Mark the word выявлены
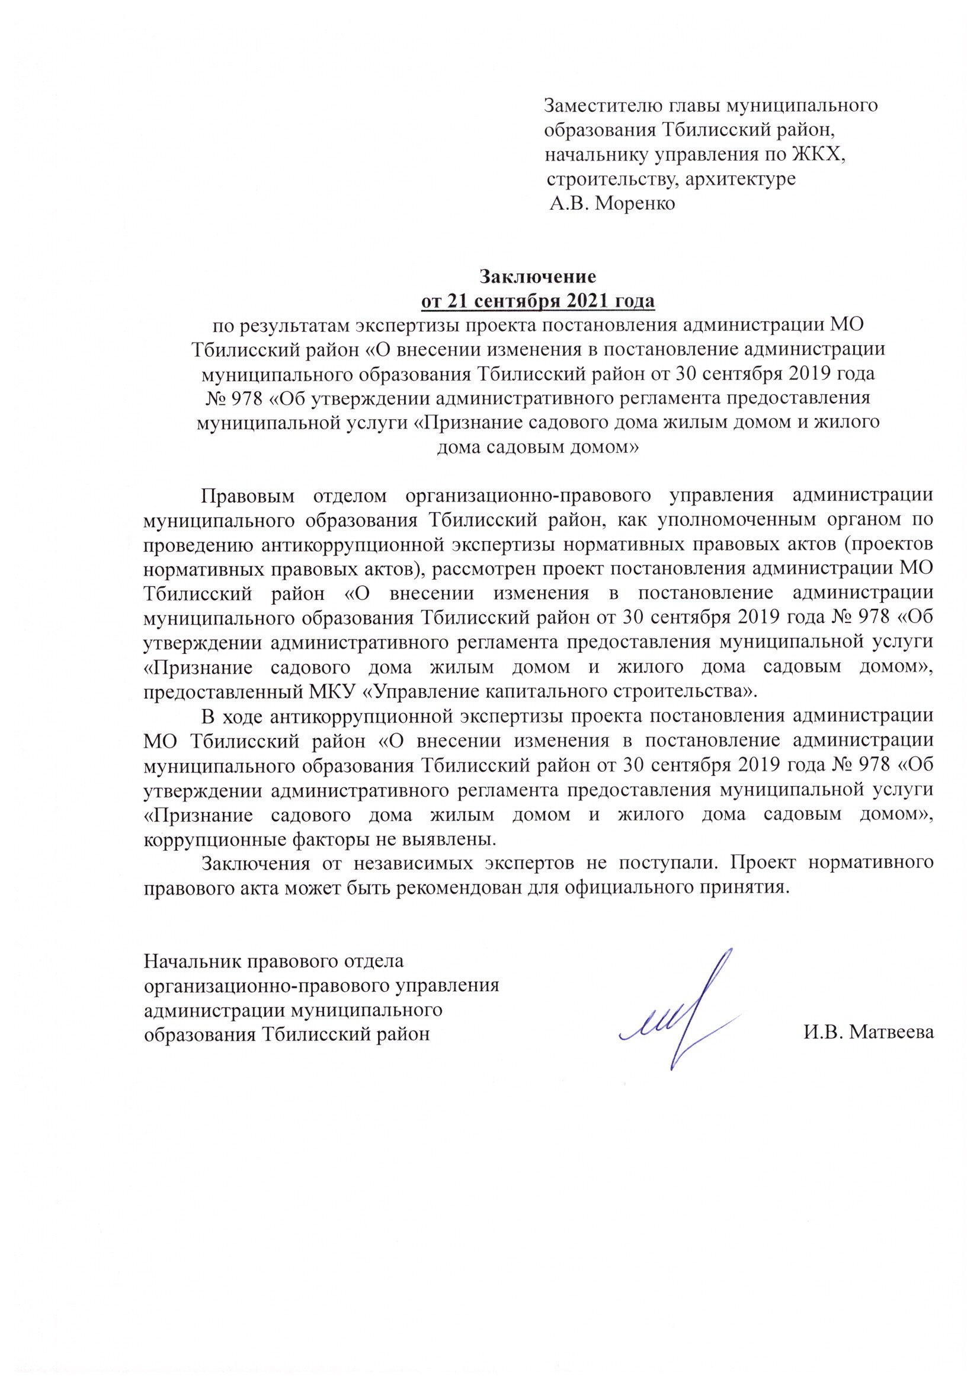(454, 839)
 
